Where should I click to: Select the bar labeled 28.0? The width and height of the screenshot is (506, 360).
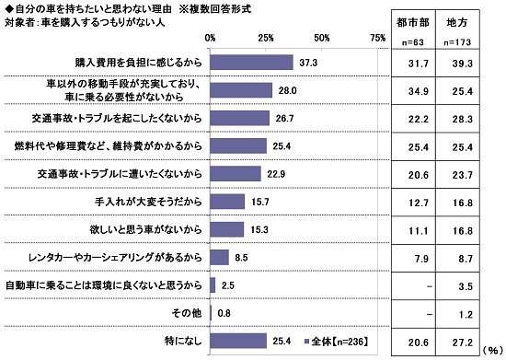tap(241, 90)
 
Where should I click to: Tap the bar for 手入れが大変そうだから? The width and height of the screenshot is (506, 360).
tap(227, 201)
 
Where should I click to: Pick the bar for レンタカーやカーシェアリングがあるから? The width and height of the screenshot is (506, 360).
tap(219, 257)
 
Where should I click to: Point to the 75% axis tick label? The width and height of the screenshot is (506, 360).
tap(376, 38)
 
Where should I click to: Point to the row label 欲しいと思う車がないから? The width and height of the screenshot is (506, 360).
tap(151, 228)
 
